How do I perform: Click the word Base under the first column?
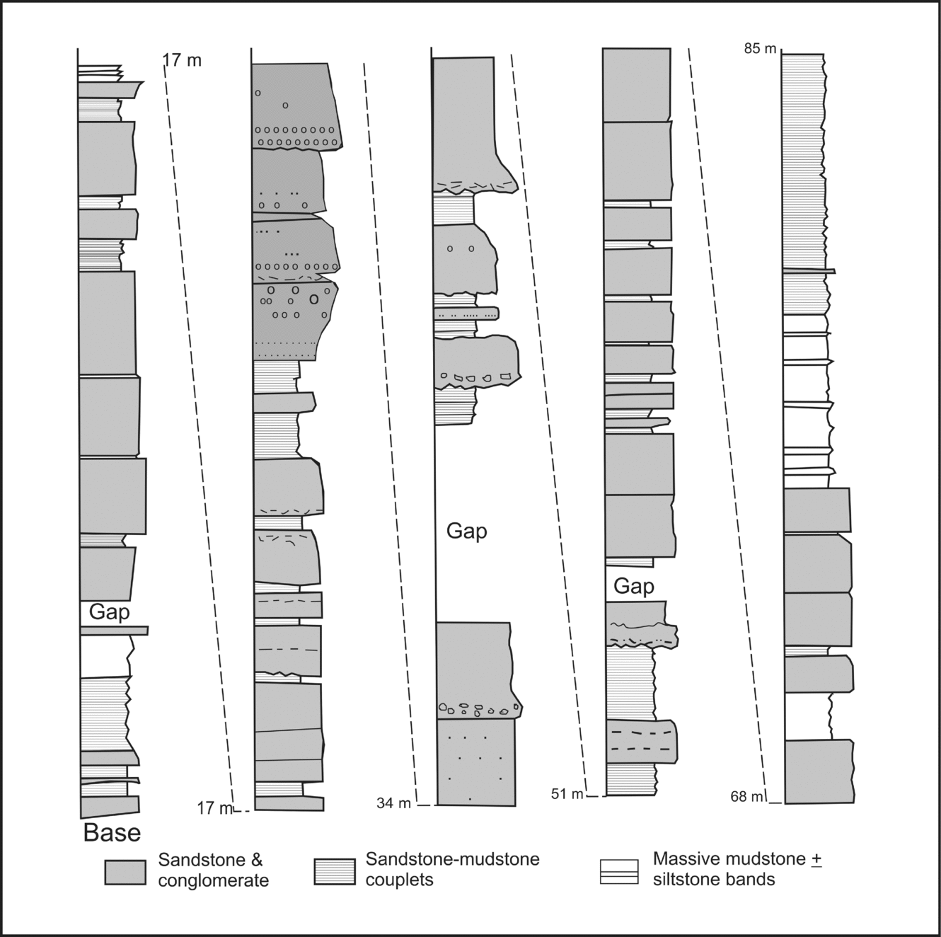[x=112, y=832]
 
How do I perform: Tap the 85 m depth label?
[x=760, y=49]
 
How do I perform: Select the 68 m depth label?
[x=748, y=797]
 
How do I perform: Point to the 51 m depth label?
[x=567, y=794]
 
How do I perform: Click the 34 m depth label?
[x=394, y=803]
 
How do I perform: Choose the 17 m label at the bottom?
[x=215, y=807]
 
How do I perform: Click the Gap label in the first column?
[x=110, y=611]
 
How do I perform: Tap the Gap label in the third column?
[x=466, y=531]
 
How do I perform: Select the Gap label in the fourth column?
[x=633, y=586]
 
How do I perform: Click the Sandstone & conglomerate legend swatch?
[x=125, y=872]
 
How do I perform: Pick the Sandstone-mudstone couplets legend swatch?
[x=334, y=872]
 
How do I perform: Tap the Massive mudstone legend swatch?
[x=620, y=872]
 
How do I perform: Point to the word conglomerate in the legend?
[x=213, y=881]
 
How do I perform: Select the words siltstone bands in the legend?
[x=714, y=880]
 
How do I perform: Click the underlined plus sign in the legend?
[x=816, y=860]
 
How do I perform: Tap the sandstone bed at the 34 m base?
[x=475, y=761]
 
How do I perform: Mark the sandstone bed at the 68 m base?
[x=819, y=771]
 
